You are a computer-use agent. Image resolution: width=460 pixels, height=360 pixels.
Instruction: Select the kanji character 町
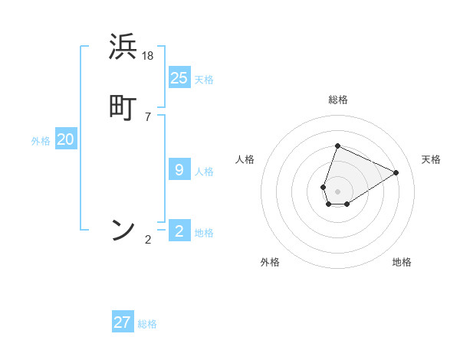tap(123, 107)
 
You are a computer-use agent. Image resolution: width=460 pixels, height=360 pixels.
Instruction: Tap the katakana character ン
tap(123, 229)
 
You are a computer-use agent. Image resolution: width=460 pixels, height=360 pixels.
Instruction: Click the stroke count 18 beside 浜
tap(148, 56)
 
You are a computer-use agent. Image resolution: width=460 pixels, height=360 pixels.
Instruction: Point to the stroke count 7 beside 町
tap(148, 117)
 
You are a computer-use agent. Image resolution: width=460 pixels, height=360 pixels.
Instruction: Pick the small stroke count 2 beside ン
tap(148, 240)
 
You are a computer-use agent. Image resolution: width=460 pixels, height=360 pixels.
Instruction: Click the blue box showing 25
tap(179, 78)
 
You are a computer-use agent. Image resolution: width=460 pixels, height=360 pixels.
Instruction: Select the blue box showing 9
tap(179, 170)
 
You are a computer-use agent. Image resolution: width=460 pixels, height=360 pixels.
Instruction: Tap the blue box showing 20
tap(66, 139)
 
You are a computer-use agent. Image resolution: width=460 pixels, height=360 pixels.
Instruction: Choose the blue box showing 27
tap(123, 322)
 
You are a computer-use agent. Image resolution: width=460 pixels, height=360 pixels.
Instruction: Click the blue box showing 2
tap(179, 231)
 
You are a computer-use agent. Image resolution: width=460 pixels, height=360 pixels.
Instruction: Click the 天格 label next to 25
tap(204, 80)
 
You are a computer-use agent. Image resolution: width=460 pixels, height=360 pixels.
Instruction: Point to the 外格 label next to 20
tap(41, 141)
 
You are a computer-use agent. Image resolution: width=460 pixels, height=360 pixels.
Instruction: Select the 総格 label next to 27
tap(147, 324)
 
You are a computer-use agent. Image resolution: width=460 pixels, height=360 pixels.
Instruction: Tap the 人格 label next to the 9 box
tap(204, 172)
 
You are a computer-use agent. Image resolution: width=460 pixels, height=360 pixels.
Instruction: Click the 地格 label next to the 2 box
tap(204, 233)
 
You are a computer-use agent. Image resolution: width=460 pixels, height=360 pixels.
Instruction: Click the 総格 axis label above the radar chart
tap(337, 100)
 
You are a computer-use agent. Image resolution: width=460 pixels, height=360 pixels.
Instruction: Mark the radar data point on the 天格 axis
tap(396, 173)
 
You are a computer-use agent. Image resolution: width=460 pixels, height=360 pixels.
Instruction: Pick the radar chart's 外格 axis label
tap(270, 262)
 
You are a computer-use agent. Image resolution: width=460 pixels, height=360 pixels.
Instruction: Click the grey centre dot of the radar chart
tap(337, 191)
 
